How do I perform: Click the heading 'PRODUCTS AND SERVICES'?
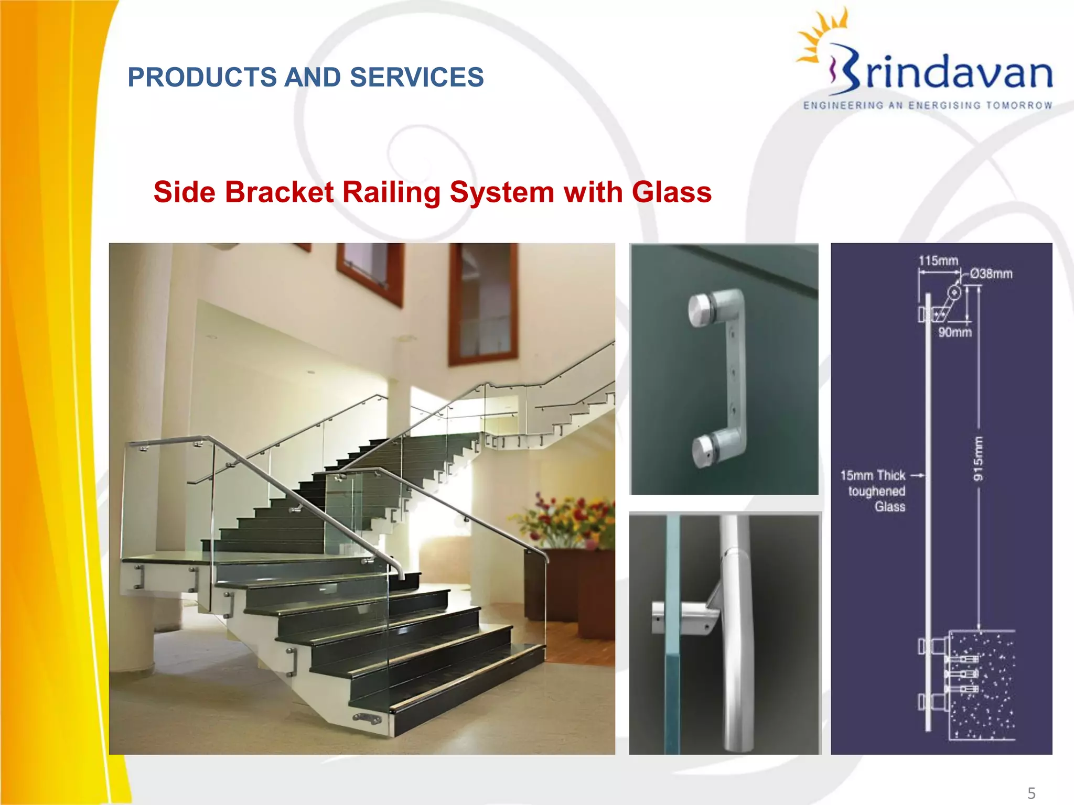pyautogui.click(x=306, y=78)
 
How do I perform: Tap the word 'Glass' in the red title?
pyautogui.click(x=672, y=192)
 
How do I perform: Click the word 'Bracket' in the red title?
pyautogui.click(x=279, y=192)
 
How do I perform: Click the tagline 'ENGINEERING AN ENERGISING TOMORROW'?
pyautogui.click(x=928, y=105)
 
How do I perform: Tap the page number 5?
pyautogui.click(x=1032, y=793)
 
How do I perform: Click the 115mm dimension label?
pyautogui.click(x=938, y=260)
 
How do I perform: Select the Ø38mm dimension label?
pyautogui.click(x=991, y=274)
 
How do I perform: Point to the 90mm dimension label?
pyautogui.click(x=955, y=332)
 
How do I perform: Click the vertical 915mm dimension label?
pyautogui.click(x=978, y=459)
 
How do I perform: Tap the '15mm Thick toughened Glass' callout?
pyautogui.click(x=874, y=491)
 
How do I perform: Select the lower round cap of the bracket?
pyautogui.click(x=705, y=450)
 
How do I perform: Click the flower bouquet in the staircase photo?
pyautogui.click(x=569, y=519)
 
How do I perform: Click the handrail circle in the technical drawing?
pyautogui.click(x=954, y=292)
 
